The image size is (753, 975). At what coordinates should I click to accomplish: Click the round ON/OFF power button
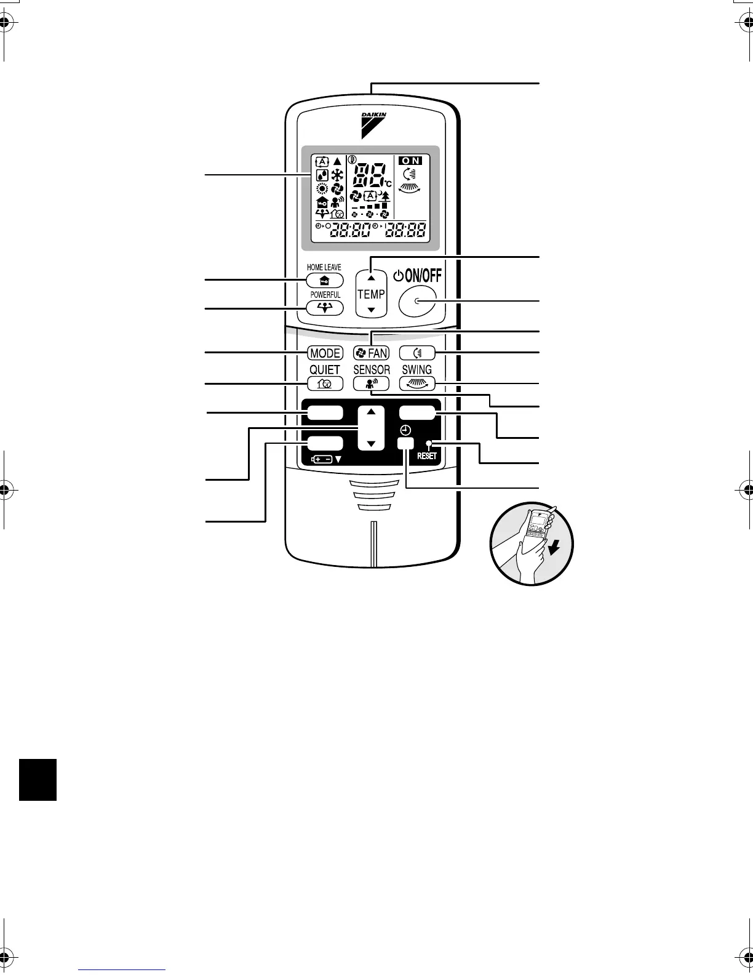tap(416, 301)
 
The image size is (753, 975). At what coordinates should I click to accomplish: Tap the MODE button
tap(325, 353)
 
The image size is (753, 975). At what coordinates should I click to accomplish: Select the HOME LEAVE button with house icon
tap(325, 280)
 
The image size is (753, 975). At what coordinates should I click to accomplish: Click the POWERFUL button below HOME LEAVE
tap(325, 308)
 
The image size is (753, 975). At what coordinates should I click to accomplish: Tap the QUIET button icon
tap(325, 384)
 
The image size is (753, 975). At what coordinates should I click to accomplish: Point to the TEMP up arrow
tap(371, 278)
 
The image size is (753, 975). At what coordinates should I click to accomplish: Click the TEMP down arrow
tap(371, 310)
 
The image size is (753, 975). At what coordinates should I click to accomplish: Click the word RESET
tap(426, 456)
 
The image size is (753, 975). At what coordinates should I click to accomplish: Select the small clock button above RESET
tap(405, 443)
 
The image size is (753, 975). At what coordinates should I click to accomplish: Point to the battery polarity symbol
tap(322, 459)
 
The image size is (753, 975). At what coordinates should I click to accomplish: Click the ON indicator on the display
tap(410, 161)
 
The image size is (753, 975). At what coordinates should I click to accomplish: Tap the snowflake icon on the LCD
tap(337, 174)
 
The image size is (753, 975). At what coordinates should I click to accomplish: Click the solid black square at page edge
tap(38, 779)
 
